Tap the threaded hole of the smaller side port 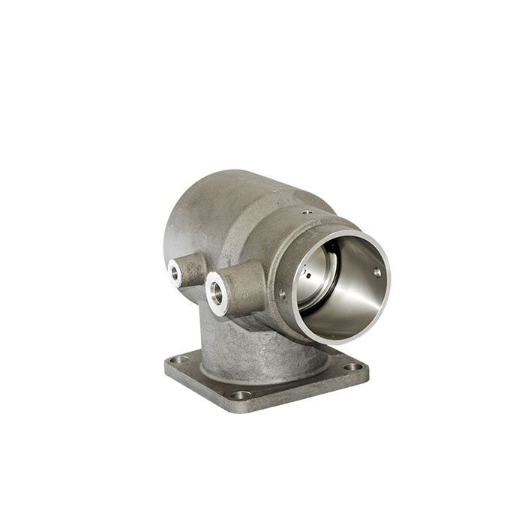click(x=175, y=274)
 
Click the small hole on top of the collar click(x=306, y=213)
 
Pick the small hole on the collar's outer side click(x=282, y=294)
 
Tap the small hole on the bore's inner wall click(x=377, y=272)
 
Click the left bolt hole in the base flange click(x=178, y=360)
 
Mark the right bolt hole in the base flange click(x=351, y=367)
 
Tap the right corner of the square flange click(x=365, y=369)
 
